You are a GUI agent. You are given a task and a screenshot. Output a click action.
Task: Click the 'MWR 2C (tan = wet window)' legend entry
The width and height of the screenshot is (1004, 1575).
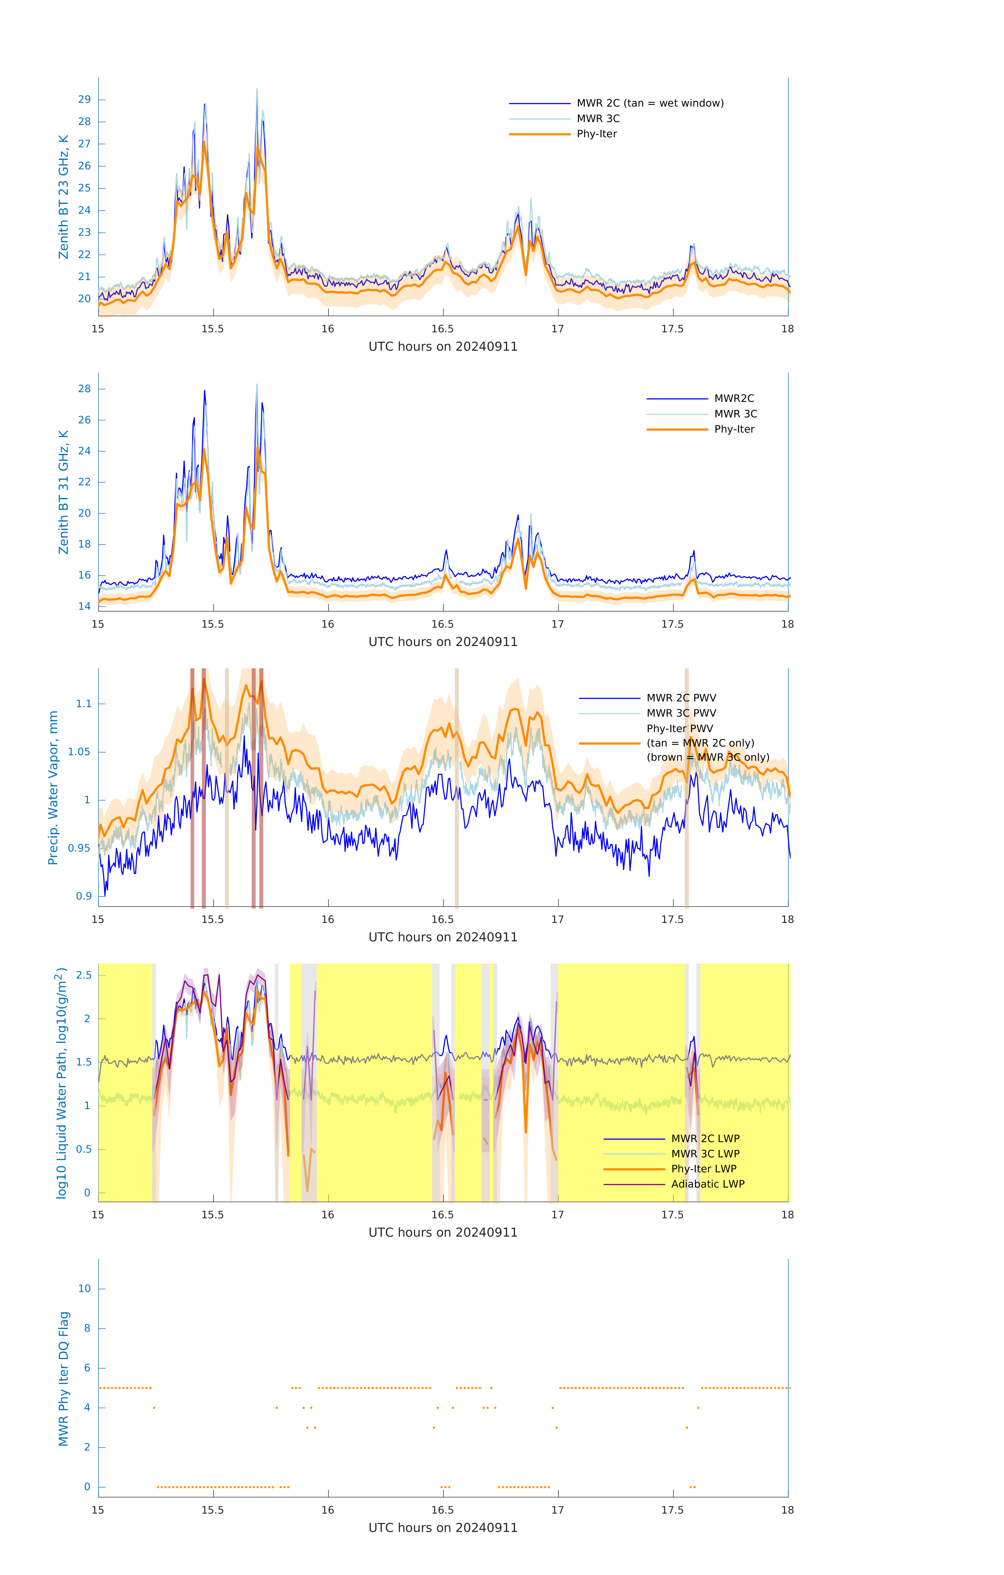point(649,103)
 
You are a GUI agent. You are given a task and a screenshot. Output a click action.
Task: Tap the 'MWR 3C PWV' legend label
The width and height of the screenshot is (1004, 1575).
point(681,713)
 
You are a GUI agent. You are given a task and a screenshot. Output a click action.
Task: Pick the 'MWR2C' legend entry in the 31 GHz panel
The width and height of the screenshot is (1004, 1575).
point(733,398)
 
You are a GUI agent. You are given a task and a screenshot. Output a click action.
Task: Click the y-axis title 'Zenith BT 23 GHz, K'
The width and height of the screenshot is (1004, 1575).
point(64,197)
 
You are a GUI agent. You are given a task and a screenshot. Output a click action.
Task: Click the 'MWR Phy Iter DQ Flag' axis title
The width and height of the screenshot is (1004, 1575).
point(64,1379)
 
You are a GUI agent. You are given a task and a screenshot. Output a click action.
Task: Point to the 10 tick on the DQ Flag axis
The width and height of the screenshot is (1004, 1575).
point(84,1289)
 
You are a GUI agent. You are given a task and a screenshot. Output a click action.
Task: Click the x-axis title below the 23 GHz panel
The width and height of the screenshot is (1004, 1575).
point(443,347)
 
